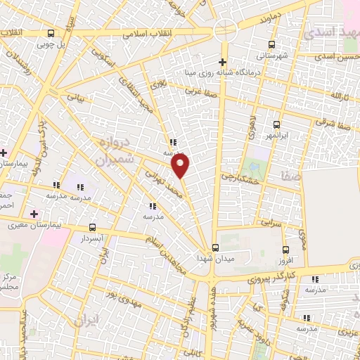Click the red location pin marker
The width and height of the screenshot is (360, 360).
181,166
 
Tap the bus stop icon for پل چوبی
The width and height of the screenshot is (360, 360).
50,33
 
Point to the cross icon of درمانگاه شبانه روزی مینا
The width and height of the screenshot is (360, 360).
223,61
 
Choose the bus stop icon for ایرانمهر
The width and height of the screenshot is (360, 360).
276,124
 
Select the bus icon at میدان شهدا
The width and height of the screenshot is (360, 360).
216,247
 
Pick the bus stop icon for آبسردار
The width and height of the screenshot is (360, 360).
94,227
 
